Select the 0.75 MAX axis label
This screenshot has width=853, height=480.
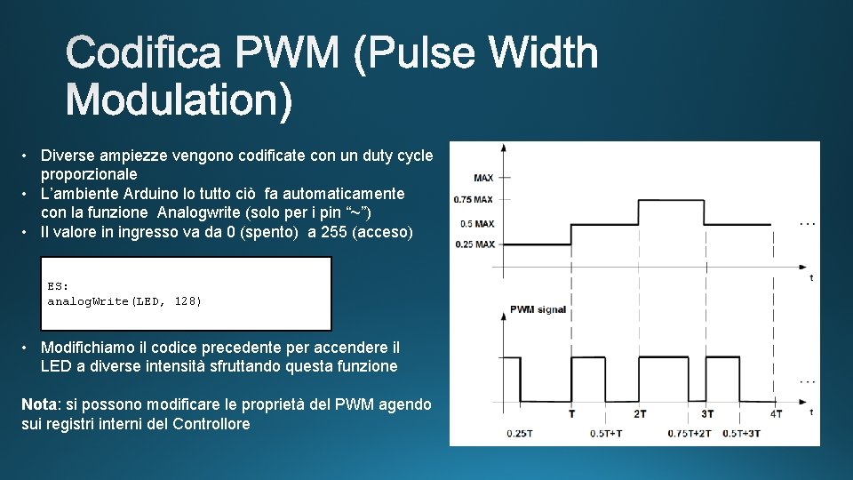coord(474,200)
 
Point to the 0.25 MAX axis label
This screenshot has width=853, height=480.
coord(474,244)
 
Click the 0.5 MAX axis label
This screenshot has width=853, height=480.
coord(477,223)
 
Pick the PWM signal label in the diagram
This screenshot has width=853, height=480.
coord(538,309)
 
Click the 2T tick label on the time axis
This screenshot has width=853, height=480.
coord(640,414)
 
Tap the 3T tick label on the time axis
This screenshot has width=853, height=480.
coord(707,414)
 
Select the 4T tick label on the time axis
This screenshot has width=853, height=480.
coord(776,414)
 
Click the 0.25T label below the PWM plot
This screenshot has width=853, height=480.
coord(519,433)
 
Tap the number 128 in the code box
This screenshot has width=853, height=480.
coord(188,301)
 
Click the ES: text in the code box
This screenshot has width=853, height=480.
coord(58,286)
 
